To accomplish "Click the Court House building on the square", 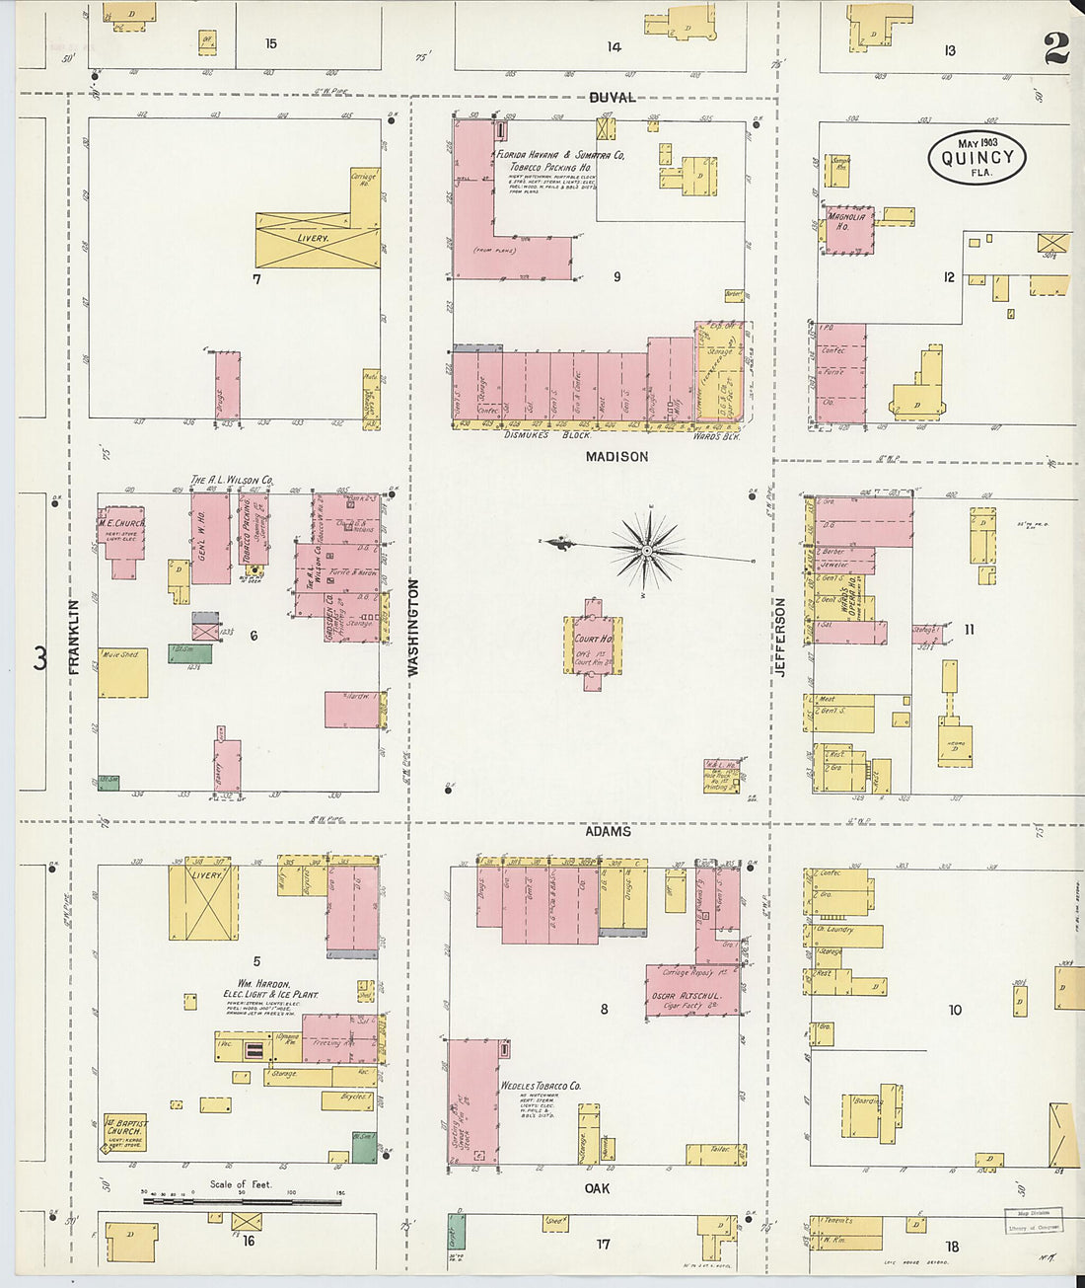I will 593,645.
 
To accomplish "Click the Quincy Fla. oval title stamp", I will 976,158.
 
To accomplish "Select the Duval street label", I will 613,98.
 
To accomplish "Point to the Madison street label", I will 616,456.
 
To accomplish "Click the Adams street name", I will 608,831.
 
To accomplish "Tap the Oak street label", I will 597,1188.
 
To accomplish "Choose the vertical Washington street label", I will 412,628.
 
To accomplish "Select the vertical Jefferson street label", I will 780,637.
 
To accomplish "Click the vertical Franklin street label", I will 74,638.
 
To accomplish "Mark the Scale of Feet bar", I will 242,1201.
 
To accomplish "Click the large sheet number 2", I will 1056,47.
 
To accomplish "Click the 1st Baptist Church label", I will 125,1132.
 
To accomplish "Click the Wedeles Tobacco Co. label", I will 541,1086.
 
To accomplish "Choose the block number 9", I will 616,276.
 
